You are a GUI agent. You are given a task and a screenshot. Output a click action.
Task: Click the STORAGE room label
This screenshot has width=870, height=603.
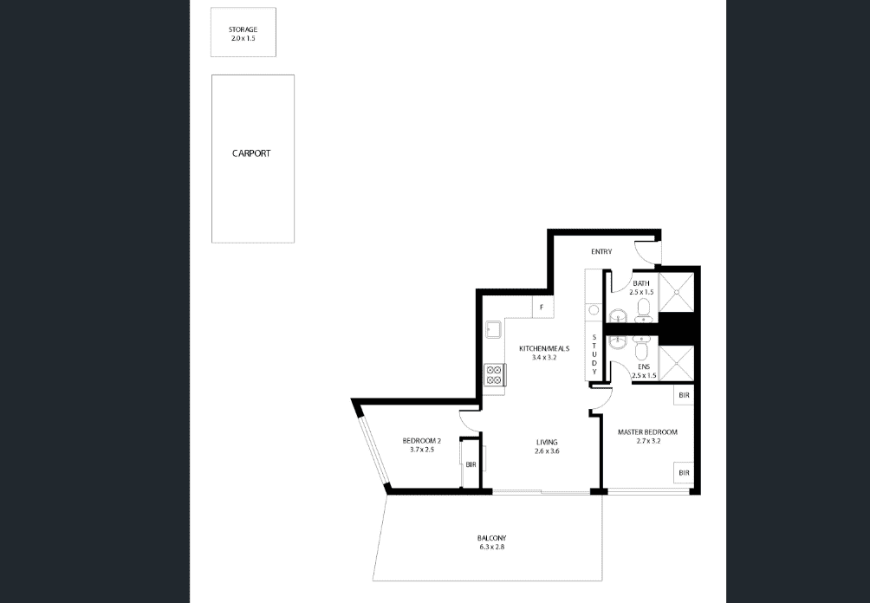(x=243, y=29)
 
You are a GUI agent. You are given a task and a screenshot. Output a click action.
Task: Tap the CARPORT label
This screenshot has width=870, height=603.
(x=251, y=153)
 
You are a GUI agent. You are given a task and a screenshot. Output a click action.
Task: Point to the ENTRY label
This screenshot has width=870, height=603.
(x=601, y=252)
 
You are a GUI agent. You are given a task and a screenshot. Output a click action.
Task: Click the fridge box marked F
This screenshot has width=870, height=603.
(x=542, y=308)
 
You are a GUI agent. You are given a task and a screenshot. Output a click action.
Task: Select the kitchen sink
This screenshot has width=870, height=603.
(x=493, y=329)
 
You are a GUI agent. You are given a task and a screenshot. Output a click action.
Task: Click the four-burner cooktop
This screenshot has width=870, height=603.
(x=494, y=374)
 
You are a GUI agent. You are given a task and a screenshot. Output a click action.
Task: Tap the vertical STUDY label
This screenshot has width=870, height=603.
(x=594, y=354)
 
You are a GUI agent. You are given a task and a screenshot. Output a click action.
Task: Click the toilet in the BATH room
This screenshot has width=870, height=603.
(x=644, y=310)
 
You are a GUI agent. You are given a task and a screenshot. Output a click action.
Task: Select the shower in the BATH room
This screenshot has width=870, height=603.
(x=676, y=291)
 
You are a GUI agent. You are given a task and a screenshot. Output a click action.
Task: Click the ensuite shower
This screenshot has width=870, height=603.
(x=676, y=363)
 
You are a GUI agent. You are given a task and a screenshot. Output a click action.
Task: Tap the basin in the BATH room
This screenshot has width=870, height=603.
(x=617, y=316)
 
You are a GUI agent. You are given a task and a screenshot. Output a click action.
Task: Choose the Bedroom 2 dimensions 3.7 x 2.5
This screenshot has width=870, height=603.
(x=422, y=450)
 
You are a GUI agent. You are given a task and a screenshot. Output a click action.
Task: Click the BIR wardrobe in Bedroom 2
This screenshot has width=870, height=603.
(x=471, y=464)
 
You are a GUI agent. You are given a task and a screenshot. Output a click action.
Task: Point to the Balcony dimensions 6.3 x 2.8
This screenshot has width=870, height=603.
(x=491, y=547)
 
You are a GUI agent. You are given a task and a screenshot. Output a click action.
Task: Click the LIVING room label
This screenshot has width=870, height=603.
(x=547, y=442)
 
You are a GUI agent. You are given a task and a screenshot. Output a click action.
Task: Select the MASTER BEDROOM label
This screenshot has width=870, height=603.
(x=647, y=432)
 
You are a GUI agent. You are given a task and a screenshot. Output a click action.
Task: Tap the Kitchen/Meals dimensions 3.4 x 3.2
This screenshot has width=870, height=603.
(x=544, y=358)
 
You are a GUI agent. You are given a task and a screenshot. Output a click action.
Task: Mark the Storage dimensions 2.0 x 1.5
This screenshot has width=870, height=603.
(x=243, y=39)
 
